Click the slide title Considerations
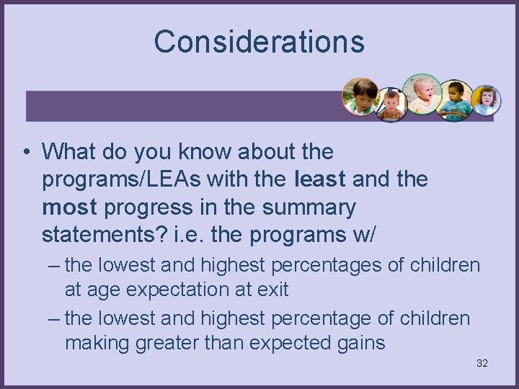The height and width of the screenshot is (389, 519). [x=259, y=42]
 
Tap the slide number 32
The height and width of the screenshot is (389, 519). [x=482, y=363]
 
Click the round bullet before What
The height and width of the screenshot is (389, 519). [x=25, y=153]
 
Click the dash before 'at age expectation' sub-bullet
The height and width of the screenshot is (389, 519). [x=54, y=265]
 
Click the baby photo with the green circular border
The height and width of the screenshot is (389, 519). [x=422, y=94]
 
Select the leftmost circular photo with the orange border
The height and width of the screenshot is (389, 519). [x=361, y=97]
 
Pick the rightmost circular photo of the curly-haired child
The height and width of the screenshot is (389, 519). [x=486, y=100]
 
